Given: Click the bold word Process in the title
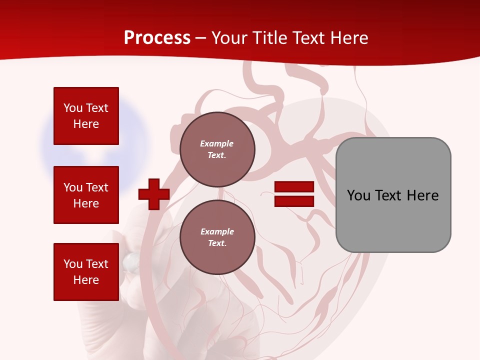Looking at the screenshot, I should click(157, 38).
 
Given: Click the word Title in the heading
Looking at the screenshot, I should click(270, 38).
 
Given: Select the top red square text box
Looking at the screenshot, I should click(86, 116).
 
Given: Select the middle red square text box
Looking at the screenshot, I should click(86, 195).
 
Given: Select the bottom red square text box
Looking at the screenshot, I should click(86, 272).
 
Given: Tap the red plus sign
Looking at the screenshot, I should click(154, 194).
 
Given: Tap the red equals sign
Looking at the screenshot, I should click(294, 194).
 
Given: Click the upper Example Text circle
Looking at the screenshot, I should click(217, 149).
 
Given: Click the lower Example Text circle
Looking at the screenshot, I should click(217, 237).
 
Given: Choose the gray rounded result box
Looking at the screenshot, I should click(393, 195).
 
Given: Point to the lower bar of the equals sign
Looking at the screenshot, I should click(294, 201).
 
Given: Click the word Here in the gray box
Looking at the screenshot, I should click(422, 195).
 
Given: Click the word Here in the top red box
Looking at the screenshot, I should click(86, 124).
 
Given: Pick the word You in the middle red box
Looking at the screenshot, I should click(73, 187).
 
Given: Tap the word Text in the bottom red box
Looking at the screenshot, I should click(97, 264).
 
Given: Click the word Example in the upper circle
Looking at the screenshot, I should click(217, 144).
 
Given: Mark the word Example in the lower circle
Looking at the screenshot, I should click(217, 232).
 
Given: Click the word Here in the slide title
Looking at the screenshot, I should click(348, 38).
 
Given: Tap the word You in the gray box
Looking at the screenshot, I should click(358, 195).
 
